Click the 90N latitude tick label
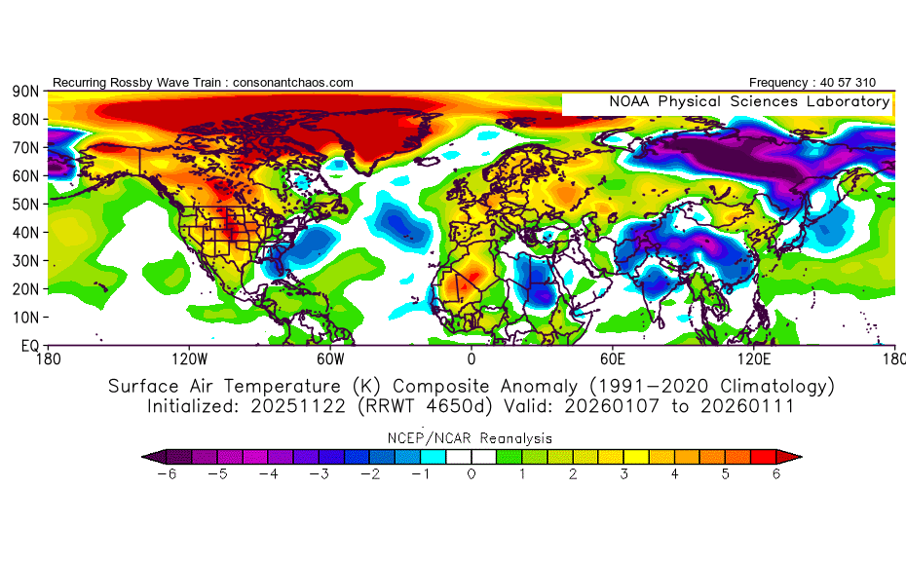[24, 91]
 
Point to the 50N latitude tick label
[24, 204]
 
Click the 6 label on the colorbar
[775, 474]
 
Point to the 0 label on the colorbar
[472, 474]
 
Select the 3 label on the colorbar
[623, 474]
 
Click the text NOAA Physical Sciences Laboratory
[748, 101]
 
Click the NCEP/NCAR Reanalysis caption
[472, 437]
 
